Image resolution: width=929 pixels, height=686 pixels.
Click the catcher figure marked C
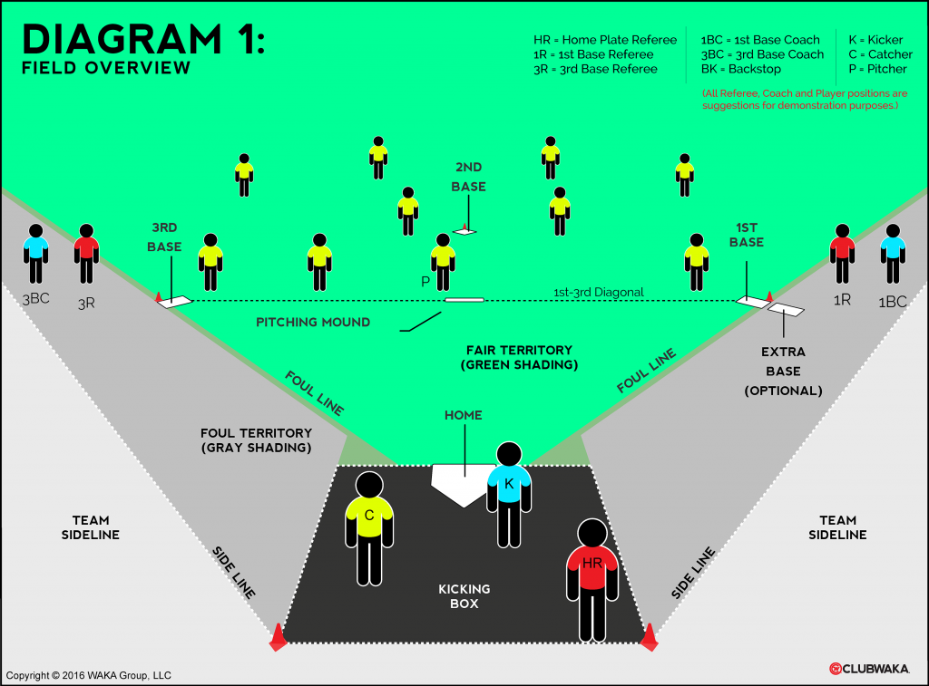(x=369, y=526)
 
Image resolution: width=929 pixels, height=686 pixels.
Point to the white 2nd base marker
(x=464, y=232)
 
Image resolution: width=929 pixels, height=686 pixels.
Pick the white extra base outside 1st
(x=786, y=309)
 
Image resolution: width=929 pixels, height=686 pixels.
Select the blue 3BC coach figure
(x=35, y=253)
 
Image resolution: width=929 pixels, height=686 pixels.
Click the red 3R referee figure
(x=86, y=253)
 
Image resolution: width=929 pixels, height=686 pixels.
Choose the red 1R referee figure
(x=842, y=253)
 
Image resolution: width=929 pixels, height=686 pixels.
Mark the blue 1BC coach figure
(x=893, y=253)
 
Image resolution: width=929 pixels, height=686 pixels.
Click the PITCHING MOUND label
(x=313, y=323)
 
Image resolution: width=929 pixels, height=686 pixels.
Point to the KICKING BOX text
(x=464, y=596)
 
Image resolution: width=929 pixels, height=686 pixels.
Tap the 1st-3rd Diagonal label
(x=598, y=293)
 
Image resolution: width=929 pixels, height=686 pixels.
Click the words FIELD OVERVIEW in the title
(x=106, y=68)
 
